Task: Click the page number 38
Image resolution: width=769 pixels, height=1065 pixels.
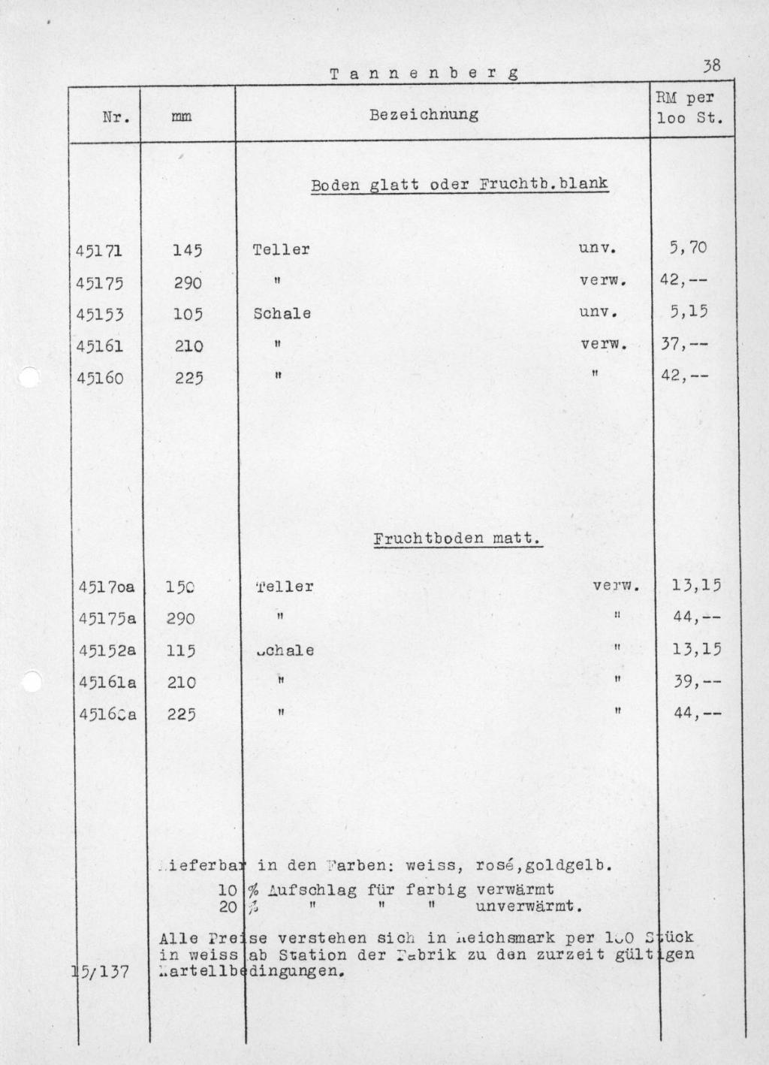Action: (711, 66)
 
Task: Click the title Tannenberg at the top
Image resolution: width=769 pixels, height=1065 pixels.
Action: (424, 74)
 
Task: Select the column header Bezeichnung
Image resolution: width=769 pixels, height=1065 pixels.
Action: (424, 115)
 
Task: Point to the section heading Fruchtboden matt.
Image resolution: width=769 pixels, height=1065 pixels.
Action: (457, 539)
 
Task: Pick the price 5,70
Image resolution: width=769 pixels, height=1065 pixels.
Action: (688, 247)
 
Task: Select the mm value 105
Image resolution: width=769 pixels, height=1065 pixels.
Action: (188, 314)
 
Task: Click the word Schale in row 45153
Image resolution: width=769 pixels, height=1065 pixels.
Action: (282, 314)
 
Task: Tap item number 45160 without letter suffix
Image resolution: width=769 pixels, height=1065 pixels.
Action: (99, 378)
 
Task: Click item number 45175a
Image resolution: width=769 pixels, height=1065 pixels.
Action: (107, 619)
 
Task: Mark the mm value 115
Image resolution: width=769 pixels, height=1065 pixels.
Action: (180, 651)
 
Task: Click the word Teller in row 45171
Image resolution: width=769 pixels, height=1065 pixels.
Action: (282, 249)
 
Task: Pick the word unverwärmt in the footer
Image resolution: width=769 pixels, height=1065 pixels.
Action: (529, 906)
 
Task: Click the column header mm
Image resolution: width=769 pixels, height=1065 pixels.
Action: (181, 117)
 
